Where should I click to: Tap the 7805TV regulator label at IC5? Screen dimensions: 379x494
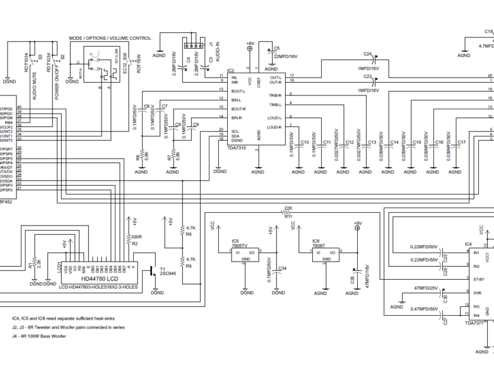[239, 246]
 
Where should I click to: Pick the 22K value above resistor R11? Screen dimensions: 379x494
[288, 208]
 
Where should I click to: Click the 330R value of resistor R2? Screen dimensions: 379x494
[135, 237]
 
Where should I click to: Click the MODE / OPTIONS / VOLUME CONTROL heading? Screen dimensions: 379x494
[110, 39]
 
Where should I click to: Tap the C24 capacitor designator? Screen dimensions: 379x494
[368, 54]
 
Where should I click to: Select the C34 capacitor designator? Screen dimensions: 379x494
[283, 268]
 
